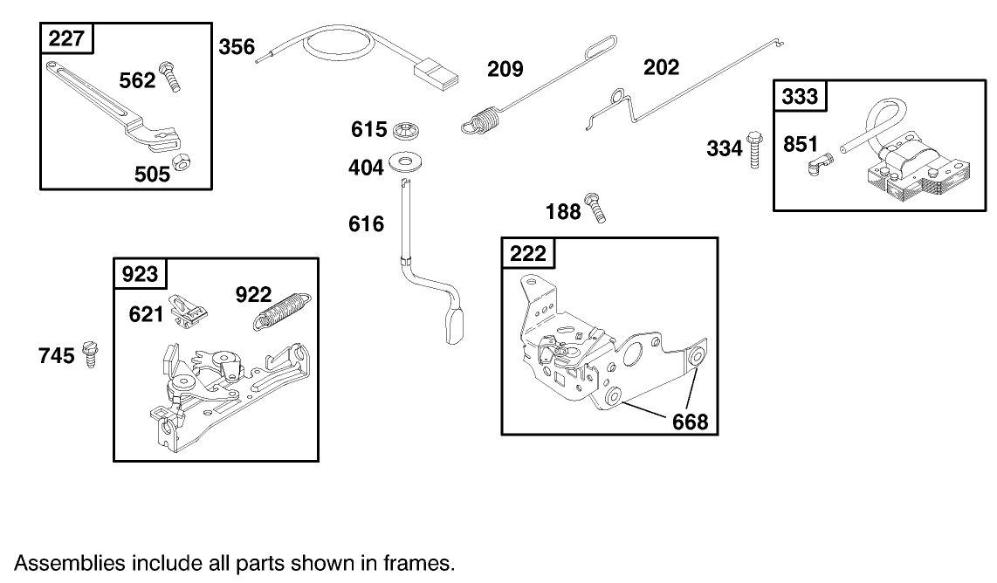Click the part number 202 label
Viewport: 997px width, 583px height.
pos(661,67)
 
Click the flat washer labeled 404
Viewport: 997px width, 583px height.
pos(403,161)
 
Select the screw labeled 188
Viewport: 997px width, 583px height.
pos(596,208)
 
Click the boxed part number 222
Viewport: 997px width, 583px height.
pos(528,253)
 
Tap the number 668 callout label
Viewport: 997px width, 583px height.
pos(690,422)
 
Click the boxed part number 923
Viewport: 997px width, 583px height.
pos(141,274)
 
